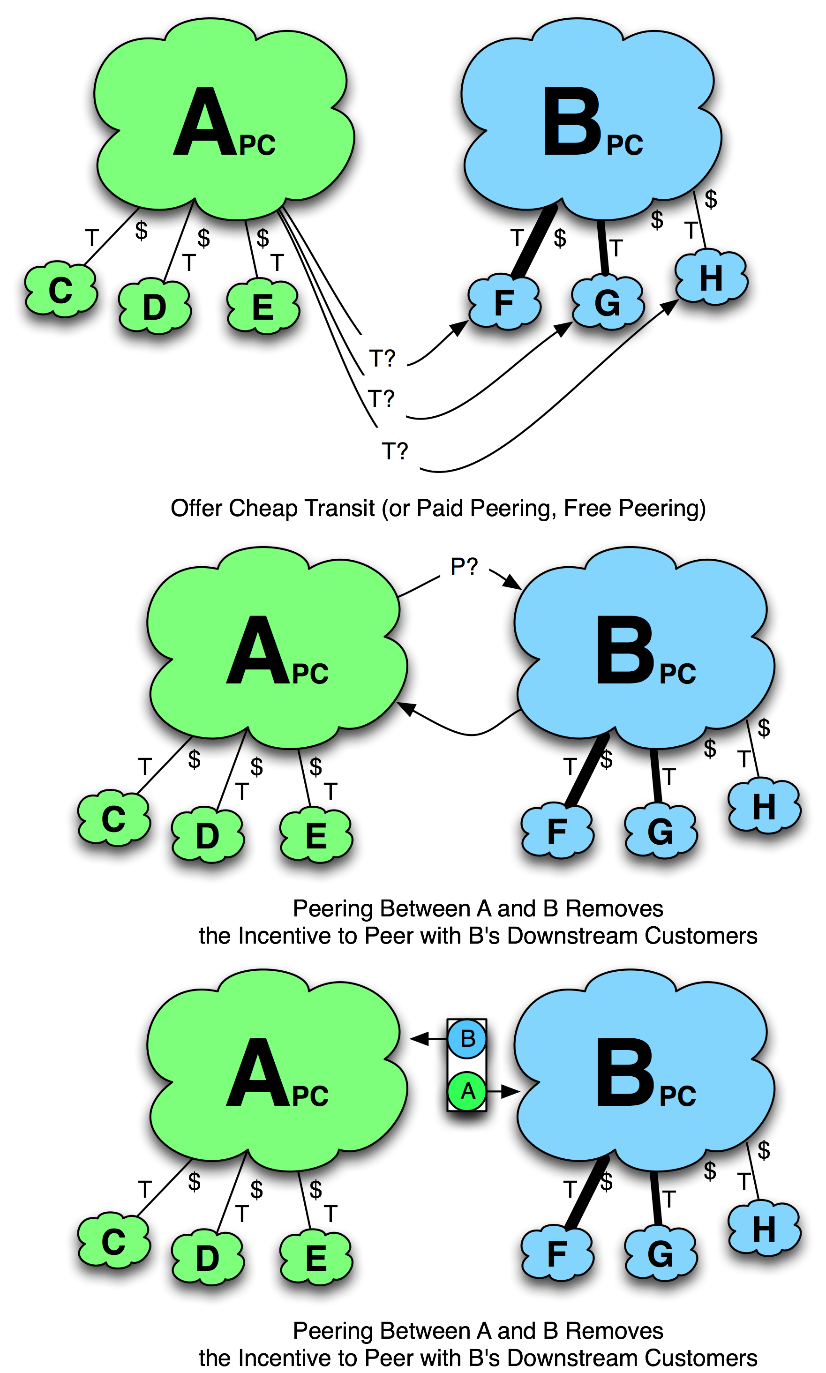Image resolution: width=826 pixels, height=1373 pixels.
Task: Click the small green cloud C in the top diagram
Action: tap(60, 290)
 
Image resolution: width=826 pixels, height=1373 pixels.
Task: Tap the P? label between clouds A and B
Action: tap(464, 567)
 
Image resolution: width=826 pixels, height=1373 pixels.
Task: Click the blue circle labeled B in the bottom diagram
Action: tap(467, 1038)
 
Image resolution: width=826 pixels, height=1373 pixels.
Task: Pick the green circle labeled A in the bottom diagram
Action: tap(467, 1091)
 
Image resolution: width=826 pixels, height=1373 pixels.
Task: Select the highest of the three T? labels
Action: tap(383, 359)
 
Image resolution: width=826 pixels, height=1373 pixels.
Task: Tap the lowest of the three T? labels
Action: tap(395, 451)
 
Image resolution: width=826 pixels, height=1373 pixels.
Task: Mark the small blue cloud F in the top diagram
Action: tap(504, 303)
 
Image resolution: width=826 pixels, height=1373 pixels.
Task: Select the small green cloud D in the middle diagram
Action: tap(208, 836)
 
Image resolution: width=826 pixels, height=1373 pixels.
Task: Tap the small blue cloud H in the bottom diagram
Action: tap(764, 1228)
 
